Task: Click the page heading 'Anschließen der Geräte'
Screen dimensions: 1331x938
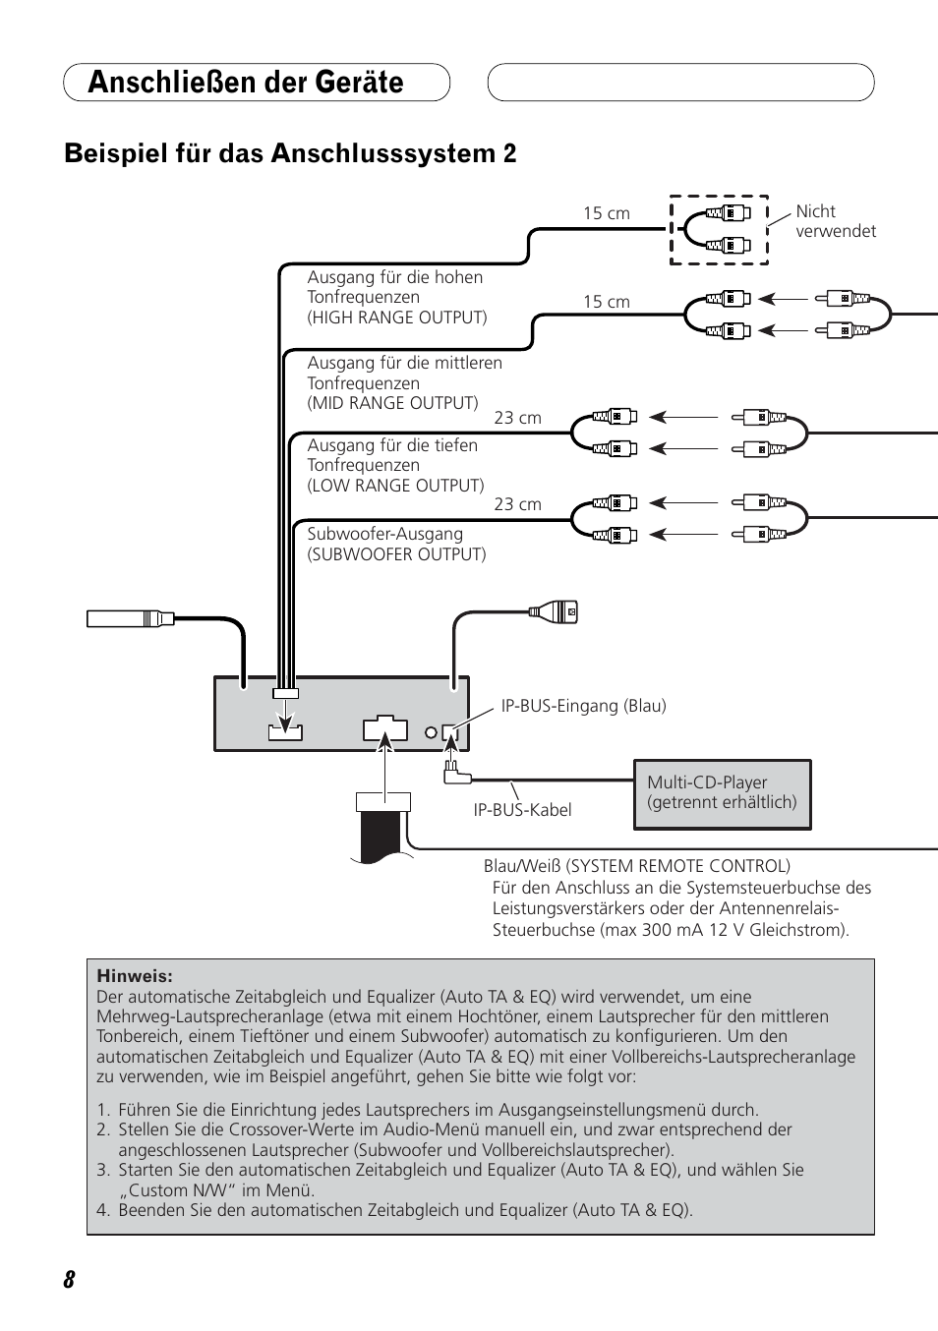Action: coord(246,83)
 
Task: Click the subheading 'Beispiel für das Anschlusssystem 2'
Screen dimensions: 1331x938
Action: coord(290,154)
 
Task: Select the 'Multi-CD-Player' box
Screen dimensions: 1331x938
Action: coord(723,793)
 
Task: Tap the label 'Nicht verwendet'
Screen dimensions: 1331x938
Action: coord(835,221)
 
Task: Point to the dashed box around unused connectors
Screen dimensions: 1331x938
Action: coord(719,230)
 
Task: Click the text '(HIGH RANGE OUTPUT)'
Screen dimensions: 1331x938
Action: coord(397,318)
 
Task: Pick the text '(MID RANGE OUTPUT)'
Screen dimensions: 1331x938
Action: coord(392,403)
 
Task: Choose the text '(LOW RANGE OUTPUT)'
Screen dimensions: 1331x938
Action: coord(395,486)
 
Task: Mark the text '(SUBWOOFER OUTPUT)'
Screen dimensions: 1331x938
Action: coord(396,554)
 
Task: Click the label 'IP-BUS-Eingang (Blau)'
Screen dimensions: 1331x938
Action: coord(583,706)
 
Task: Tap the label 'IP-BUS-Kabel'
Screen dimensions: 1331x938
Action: coord(522,810)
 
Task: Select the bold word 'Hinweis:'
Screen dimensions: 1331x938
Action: coord(135,976)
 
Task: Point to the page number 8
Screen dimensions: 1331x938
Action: coord(69,1279)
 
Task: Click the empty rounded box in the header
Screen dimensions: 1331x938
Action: coord(680,83)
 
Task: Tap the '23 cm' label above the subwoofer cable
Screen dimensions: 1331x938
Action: coord(517,504)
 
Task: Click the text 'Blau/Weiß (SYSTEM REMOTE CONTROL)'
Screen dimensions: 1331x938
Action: coord(636,866)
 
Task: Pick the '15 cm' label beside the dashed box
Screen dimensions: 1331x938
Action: coord(606,213)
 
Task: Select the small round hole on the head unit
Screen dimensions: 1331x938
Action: coord(431,732)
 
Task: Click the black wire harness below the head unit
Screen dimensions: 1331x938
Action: coord(381,835)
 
